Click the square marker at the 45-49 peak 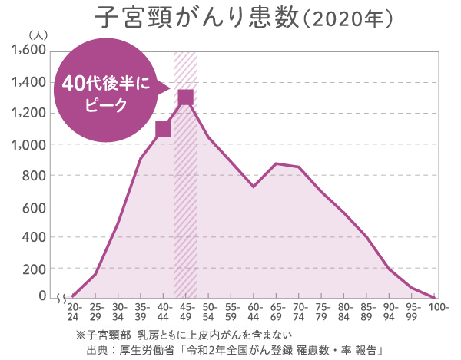185,97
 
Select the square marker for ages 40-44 163,129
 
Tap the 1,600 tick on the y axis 29,51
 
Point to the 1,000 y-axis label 29,144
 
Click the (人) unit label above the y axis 37,35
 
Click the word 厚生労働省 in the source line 138,350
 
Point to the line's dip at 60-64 254,187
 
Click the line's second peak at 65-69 277,163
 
